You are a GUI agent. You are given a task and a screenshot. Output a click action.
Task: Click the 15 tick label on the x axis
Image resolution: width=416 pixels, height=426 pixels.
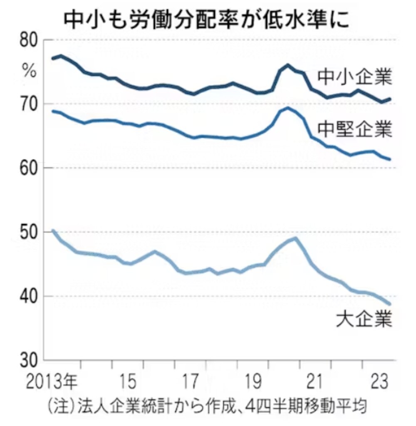click(x=127, y=381)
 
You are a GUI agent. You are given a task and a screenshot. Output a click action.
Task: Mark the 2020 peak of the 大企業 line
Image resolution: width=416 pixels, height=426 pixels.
click(x=295, y=238)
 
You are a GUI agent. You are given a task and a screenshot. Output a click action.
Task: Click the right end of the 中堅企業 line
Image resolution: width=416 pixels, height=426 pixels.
click(x=389, y=159)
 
